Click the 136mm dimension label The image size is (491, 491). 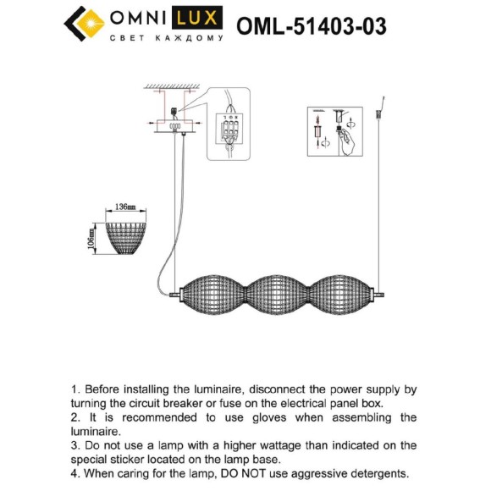click(124, 207)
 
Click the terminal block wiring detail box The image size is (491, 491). click(230, 123)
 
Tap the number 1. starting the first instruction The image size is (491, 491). click(77, 390)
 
